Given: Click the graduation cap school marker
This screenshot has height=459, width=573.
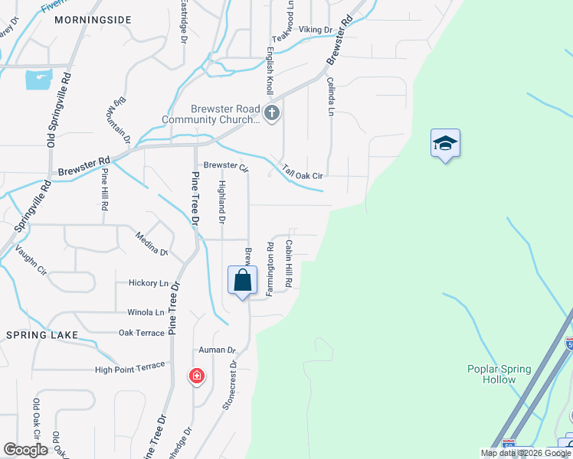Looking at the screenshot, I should [x=445, y=144].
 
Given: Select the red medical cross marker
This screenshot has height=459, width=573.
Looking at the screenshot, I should [x=197, y=376].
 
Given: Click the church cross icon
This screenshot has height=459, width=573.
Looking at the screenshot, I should [x=271, y=114].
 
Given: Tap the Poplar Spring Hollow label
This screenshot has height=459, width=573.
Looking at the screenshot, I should [x=499, y=374].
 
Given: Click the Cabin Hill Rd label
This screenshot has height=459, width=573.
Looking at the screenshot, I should [x=290, y=263].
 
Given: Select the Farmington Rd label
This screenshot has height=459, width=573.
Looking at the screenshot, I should [x=270, y=269].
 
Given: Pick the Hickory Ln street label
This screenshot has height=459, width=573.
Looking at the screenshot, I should [x=148, y=283].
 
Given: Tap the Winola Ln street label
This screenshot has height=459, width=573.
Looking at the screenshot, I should [x=145, y=312].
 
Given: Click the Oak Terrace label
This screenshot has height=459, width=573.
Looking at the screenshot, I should [x=142, y=333].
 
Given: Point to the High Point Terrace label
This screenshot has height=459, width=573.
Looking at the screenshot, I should [x=129, y=368].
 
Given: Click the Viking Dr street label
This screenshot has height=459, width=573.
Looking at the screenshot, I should [x=314, y=29].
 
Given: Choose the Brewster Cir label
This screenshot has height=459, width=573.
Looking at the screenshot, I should [x=226, y=166].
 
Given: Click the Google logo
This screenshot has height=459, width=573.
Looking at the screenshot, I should [x=25, y=449].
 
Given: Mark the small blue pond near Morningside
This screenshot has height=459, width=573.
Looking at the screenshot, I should [x=38, y=79].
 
